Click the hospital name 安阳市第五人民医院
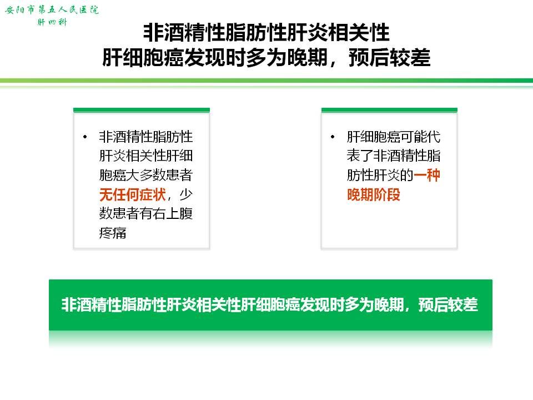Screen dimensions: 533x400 (x=52, y=9)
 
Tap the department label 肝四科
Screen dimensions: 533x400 (x=52, y=22)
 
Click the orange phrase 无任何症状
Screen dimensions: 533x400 (x=133, y=194)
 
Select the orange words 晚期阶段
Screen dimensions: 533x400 (x=373, y=194)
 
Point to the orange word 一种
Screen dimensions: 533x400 (x=427, y=175)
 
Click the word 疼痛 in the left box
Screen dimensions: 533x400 (x=113, y=233)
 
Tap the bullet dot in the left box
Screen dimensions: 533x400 (x=85, y=137)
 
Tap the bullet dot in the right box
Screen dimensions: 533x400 (x=333, y=137)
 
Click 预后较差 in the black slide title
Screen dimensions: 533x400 (x=390, y=57)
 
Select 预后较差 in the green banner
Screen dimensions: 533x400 (x=448, y=304)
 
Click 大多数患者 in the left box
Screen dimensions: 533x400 (x=160, y=175)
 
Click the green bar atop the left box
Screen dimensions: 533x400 (x=142, y=110)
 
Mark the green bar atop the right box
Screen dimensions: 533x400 (x=389, y=110)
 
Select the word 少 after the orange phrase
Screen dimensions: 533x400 (x=186, y=194)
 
